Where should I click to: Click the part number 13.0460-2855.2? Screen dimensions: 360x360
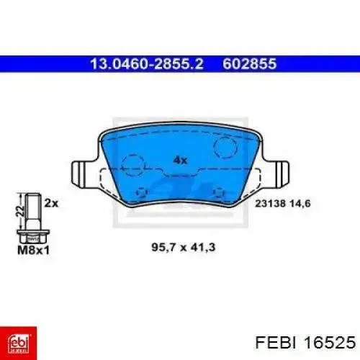tap(146, 64)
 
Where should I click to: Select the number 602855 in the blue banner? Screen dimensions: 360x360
tap(250, 64)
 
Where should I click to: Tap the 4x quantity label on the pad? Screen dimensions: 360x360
tap(180, 160)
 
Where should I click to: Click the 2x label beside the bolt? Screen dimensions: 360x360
tap(51, 204)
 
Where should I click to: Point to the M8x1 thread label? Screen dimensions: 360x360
tap(34, 251)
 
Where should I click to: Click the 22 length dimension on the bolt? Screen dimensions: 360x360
tap(21, 211)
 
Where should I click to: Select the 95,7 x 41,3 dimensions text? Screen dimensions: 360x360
tap(184, 247)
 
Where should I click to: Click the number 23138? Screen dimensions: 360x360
tap(271, 204)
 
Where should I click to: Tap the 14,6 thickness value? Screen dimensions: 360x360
tap(300, 204)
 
